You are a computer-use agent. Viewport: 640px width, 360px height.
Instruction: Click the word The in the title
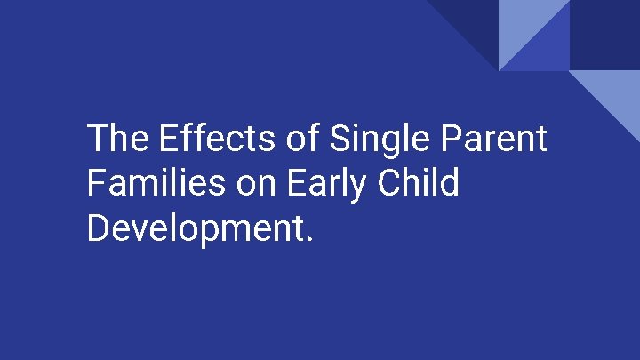(119, 140)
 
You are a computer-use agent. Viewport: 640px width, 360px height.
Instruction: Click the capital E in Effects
(168, 140)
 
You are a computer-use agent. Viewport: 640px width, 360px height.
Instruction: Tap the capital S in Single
(339, 140)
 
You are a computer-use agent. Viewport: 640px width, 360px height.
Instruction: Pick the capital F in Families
(96, 183)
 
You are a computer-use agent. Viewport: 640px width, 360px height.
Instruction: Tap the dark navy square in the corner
(604, 34)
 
